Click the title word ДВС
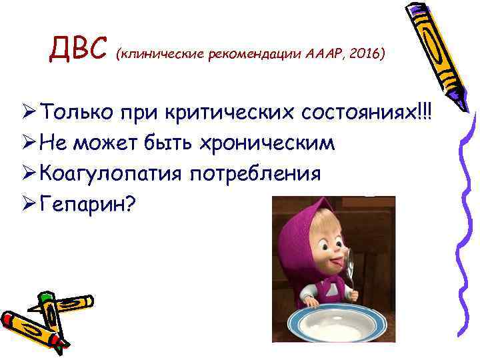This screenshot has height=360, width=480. click(79, 49)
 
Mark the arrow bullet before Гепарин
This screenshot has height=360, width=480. click(29, 204)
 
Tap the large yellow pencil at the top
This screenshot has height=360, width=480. click(433, 53)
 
